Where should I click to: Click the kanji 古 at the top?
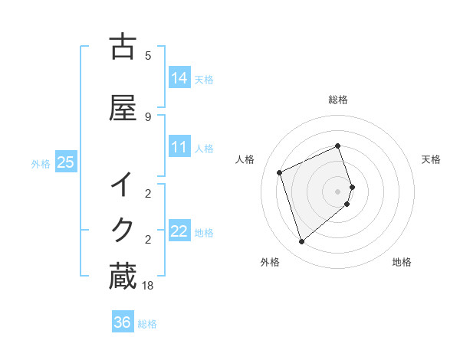(123, 47)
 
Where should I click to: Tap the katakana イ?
(123, 185)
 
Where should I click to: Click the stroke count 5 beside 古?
(148, 55)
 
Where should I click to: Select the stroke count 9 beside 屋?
(148, 116)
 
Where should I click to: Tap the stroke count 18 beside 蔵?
(149, 285)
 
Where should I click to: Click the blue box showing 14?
(179, 77)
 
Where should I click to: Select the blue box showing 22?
(179, 231)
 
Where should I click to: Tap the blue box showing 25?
(65, 162)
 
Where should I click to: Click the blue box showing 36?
(122, 322)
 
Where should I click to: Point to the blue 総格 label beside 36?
(147, 324)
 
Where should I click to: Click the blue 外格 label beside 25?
(41, 163)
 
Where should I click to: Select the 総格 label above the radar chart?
(338, 100)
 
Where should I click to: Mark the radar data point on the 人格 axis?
(280, 172)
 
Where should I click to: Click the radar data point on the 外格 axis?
(301, 242)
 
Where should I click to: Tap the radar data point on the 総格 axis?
(338, 146)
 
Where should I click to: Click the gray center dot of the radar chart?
(338, 191)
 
